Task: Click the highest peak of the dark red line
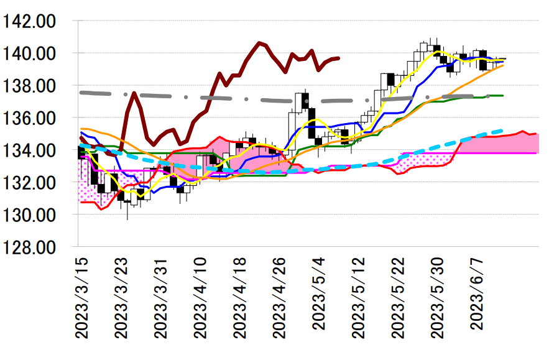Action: click(x=259, y=43)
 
